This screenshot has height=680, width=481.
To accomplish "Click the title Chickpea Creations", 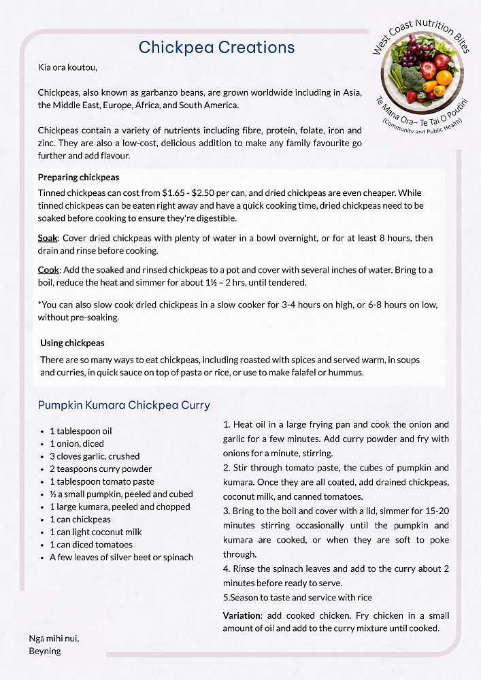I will point(216,47).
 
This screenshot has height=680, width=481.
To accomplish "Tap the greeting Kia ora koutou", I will point(68,67).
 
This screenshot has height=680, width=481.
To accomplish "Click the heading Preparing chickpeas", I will point(78,177).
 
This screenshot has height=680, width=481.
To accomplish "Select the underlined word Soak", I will point(48,238).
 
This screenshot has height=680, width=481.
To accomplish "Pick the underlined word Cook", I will point(48,270).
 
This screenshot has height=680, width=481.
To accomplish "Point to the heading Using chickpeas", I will point(72,343).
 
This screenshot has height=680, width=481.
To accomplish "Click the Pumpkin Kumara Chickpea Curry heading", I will point(124,405).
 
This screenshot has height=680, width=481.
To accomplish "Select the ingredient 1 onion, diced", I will point(77,443).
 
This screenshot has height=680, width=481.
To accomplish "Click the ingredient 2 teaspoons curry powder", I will point(101,469).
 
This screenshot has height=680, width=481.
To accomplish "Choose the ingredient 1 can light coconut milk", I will point(96,532).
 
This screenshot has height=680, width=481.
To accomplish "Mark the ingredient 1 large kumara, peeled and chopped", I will point(120,507).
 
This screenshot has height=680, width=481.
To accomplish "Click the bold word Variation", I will point(242,615).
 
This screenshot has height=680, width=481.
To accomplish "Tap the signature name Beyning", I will point(45,651).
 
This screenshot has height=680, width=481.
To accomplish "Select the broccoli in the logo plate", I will point(413,77).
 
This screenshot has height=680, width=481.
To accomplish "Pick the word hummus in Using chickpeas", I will point(346,373).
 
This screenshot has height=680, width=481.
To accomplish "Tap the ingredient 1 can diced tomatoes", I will point(91,545).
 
